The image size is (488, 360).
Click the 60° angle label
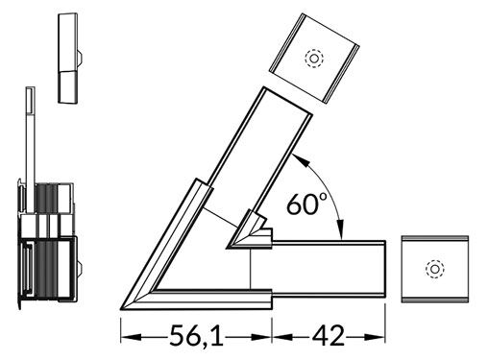pyautogui.click(x=307, y=203)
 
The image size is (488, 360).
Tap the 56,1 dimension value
pyautogui.click(x=197, y=336)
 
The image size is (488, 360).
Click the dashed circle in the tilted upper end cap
pyautogui.click(x=312, y=58)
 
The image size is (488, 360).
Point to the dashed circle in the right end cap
pyautogui.click(x=434, y=271)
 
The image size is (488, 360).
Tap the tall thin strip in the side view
pyautogui.click(x=31, y=134)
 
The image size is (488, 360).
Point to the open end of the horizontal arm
pyautogui.click(x=387, y=270)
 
